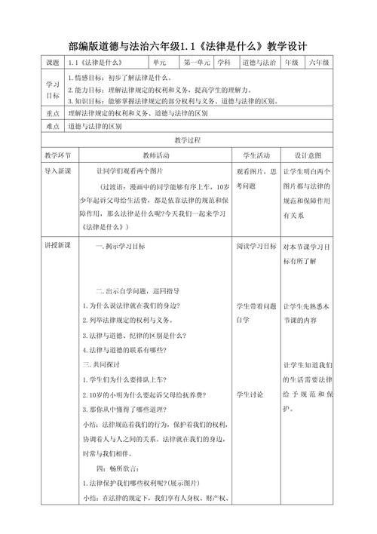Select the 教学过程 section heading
point(188,141)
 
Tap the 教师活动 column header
point(158,155)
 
